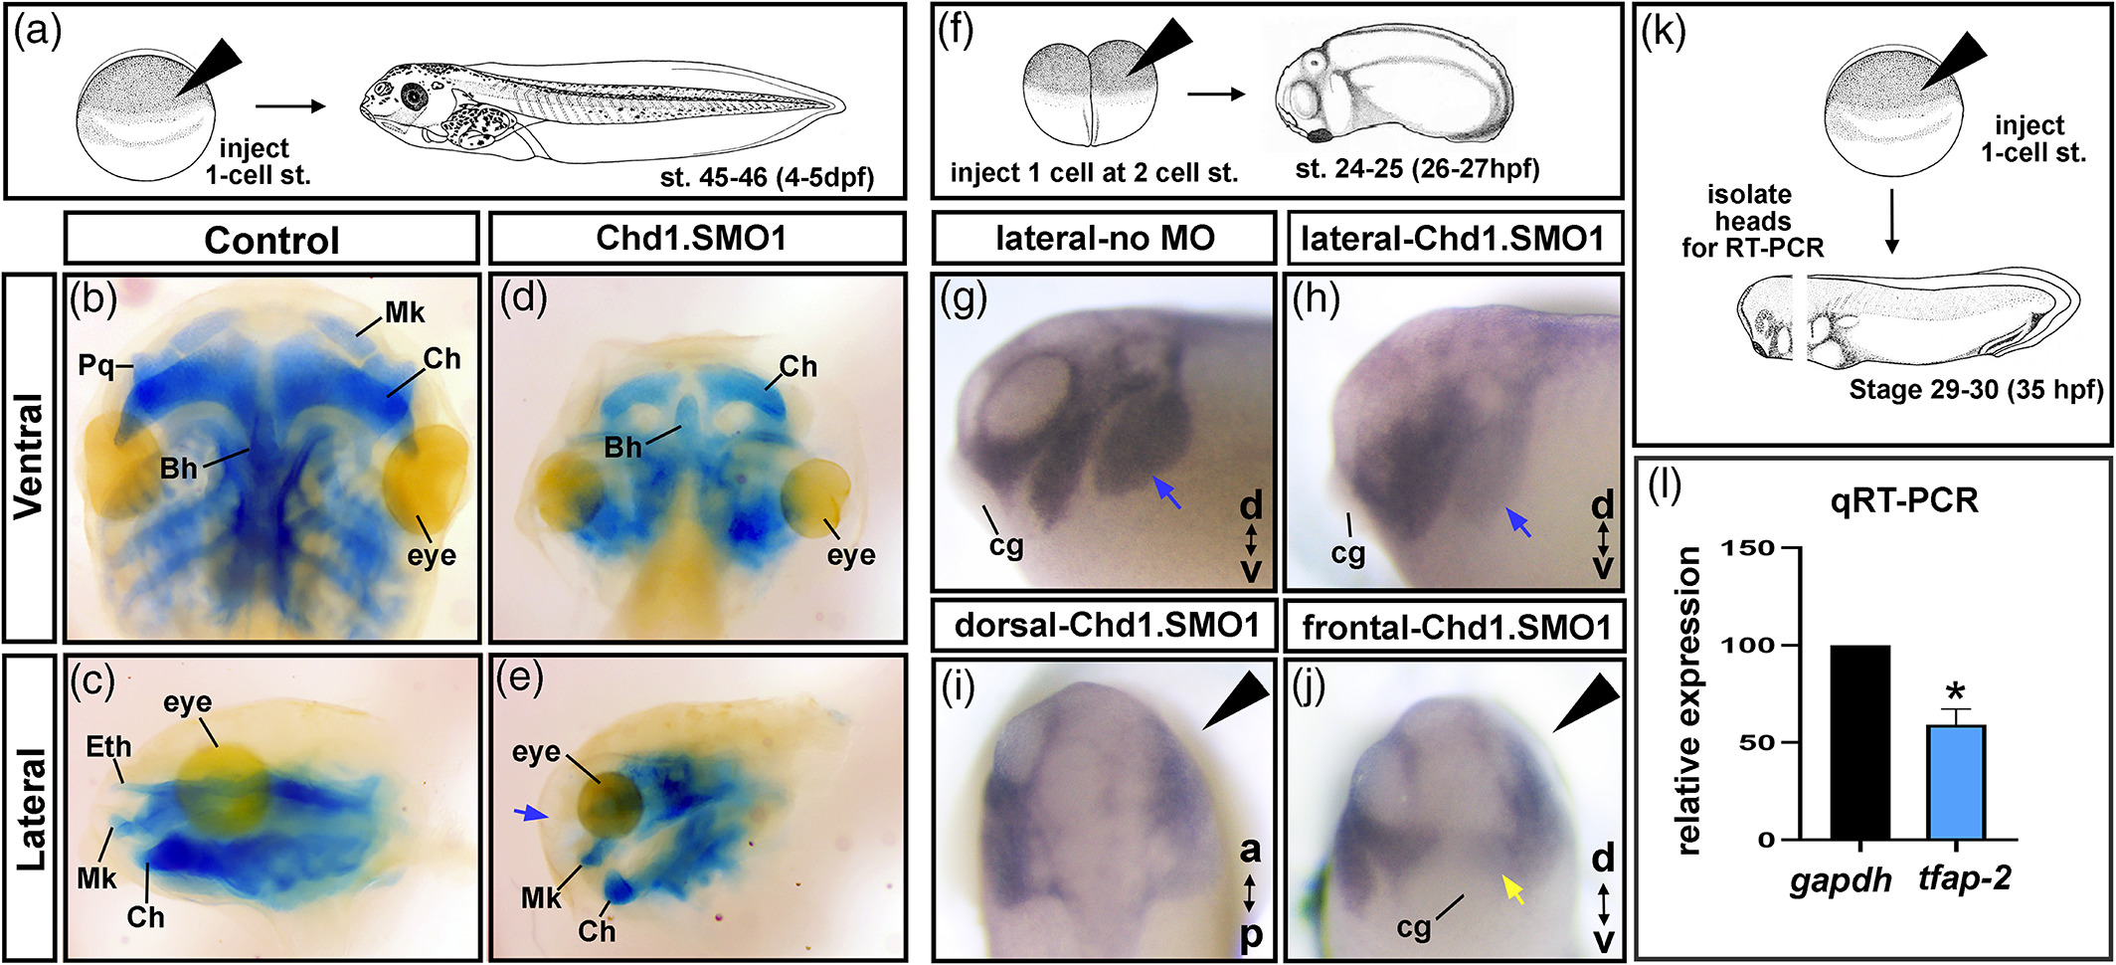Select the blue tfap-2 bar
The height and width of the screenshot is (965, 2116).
(1956, 783)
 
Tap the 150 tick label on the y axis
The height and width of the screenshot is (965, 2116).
(1748, 548)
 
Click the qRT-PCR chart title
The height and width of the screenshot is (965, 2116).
(1904, 500)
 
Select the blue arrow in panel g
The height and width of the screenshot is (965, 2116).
(1167, 492)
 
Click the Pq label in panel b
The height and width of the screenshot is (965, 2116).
(97, 366)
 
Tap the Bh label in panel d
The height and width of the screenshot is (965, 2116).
(623, 448)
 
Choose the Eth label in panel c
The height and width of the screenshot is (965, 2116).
(108, 746)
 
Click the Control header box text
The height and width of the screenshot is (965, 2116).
(271, 241)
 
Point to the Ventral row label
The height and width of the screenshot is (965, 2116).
(30, 457)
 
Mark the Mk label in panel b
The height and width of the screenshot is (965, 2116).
(405, 313)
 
